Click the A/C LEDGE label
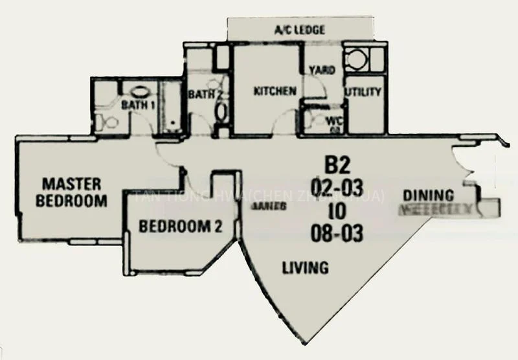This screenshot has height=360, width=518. tap(300, 30)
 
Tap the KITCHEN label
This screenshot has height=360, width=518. tap(275, 91)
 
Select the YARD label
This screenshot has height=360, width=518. tap(322, 70)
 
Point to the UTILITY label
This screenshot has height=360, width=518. tap(363, 92)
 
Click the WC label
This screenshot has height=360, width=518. tap(334, 120)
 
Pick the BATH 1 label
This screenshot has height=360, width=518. tap(137, 104)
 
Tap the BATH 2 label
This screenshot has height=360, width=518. tap(205, 95)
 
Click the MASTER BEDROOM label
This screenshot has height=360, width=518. tap(71, 191)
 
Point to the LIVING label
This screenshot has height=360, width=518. tap(305, 266)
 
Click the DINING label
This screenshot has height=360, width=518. tap(428, 194)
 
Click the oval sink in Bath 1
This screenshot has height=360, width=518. tap(139, 91)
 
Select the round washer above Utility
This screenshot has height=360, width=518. tap(355, 60)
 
